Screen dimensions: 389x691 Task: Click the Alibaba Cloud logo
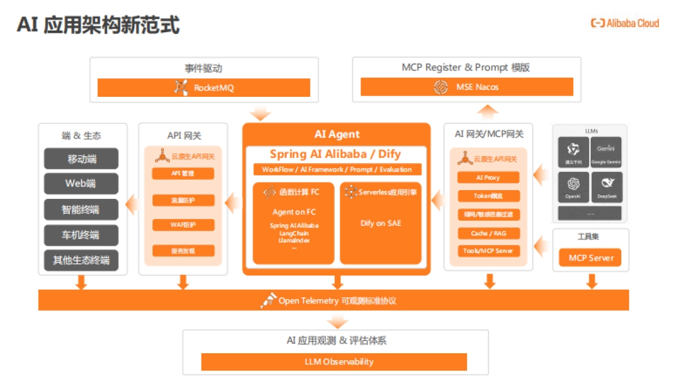625,24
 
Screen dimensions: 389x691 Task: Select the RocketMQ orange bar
204,88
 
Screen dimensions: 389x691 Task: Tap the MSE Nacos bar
466,87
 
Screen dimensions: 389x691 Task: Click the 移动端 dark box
81,159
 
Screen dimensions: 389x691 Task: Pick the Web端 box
81,184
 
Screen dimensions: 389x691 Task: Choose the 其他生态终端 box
81,260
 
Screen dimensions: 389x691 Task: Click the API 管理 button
183,173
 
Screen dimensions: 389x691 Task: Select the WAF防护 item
183,225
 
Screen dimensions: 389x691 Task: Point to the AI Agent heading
337,134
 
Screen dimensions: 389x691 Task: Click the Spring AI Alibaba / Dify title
336,154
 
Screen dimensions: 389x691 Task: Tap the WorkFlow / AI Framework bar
337,169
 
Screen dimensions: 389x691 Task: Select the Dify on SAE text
380,223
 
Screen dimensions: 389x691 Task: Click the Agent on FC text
294,212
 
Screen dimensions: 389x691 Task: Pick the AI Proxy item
488,177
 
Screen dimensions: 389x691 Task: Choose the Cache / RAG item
488,233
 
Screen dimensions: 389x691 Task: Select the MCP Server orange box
591,258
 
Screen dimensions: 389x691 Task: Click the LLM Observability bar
334,362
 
